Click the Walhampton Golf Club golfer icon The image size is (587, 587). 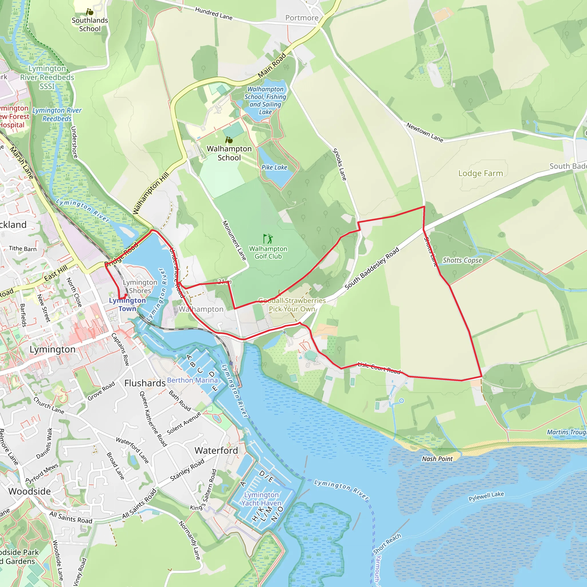point(268,239)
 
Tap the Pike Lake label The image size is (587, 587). point(274,167)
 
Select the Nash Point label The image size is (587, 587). point(437,459)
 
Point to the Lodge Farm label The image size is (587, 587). point(480,173)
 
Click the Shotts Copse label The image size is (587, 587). point(462,260)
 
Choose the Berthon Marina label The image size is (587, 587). point(192,380)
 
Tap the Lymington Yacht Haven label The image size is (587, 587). point(261,499)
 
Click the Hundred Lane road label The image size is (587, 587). point(214,14)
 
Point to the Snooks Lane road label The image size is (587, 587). point(339,164)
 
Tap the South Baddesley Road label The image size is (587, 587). point(371,268)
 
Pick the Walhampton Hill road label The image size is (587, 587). point(151,193)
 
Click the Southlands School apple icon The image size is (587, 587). point(89,12)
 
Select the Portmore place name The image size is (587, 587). point(302,18)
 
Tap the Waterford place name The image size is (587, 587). point(216,451)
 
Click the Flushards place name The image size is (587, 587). point(145,383)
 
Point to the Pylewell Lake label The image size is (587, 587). point(486,496)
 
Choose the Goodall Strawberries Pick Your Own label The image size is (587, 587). point(292,305)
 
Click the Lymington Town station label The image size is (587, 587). point(127,304)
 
